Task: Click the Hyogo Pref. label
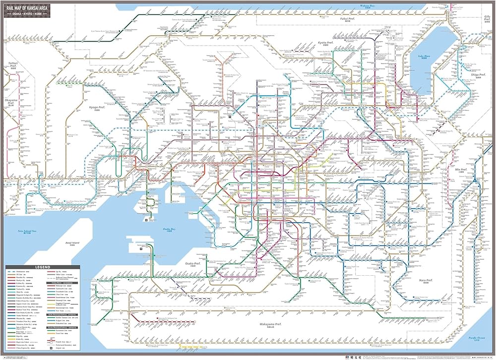pos(95,106)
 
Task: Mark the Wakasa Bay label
pos(368,6)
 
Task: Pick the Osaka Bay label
pos(170,229)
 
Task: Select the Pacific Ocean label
pos(479,337)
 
